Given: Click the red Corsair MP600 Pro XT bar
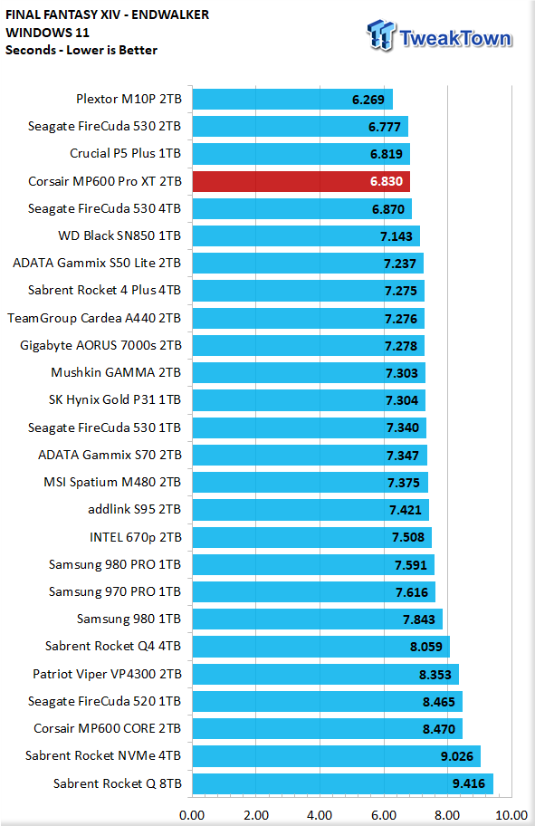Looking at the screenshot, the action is point(301,181).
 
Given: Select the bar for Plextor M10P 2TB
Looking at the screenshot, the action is point(292,99).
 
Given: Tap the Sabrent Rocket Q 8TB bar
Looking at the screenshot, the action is point(342,783).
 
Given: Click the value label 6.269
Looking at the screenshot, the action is point(368,100).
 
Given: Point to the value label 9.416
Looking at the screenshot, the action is point(468,783).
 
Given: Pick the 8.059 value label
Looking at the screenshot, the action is point(426,647).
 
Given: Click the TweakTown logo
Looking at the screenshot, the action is point(439,36).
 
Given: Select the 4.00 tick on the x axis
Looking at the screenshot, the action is point(320,815).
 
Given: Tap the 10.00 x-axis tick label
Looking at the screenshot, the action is point(511,815).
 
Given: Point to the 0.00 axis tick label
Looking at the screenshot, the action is point(192,815).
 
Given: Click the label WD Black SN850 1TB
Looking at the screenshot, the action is point(119,235).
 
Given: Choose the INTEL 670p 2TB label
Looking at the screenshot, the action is point(135,537).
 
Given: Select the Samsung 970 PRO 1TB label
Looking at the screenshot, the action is point(115,591).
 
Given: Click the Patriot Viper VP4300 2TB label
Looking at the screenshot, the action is point(107,674).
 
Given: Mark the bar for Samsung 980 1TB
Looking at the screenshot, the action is point(317,619).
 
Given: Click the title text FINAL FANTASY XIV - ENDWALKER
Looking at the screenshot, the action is point(108,14).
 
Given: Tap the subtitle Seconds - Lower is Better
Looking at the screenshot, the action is point(81,50).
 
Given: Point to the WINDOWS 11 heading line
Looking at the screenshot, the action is point(47,33).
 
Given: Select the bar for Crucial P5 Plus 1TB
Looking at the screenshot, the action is point(301,154).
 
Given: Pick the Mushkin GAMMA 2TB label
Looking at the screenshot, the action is point(116,372).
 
